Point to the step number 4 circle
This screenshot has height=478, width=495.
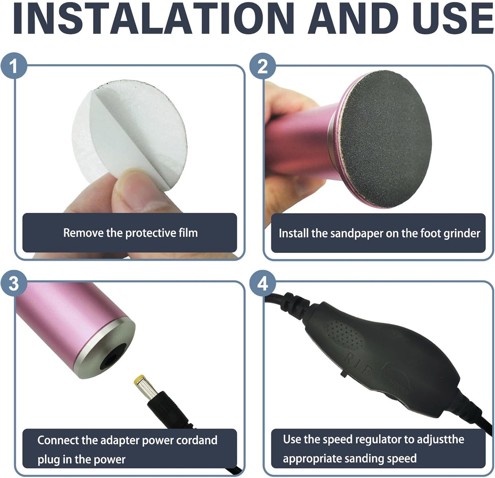pos(262,283)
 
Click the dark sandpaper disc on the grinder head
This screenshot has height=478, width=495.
pos(386,139)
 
